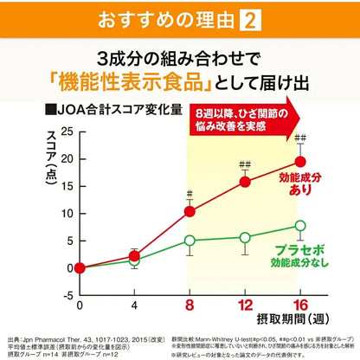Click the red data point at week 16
click(300, 161)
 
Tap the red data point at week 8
click(190, 211)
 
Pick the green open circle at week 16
click(300, 225)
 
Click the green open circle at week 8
click(190, 240)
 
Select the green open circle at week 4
click(134, 260)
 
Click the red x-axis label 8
click(190, 305)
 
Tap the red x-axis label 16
click(300, 305)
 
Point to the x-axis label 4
click(134, 305)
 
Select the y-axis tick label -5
click(65, 295)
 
